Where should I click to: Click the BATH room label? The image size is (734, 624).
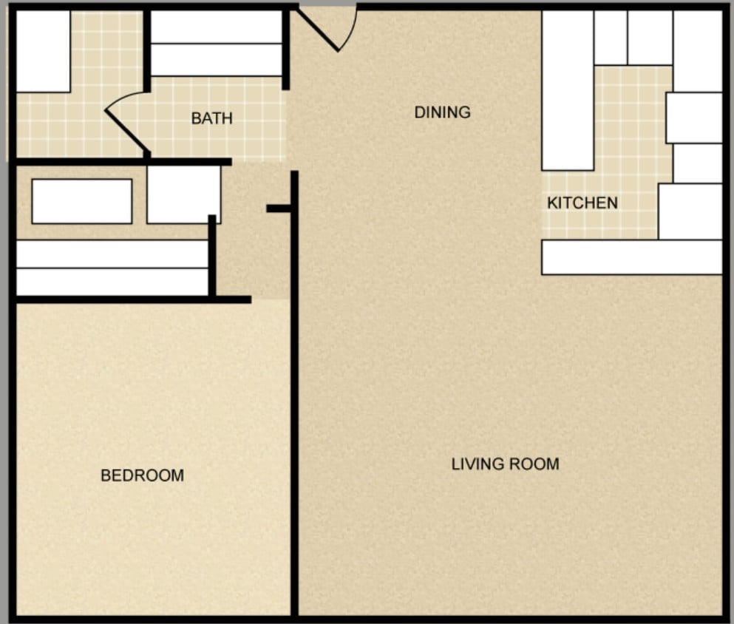pos(211,118)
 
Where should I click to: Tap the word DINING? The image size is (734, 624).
pos(442,112)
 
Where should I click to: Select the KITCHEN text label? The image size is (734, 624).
pos(582,203)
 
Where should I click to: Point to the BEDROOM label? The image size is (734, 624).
pos(142,475)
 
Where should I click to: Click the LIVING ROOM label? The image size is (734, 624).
pos(505,464)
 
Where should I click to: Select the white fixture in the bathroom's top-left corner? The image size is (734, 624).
pos(43,51)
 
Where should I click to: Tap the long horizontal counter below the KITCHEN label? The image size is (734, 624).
pos(631,257)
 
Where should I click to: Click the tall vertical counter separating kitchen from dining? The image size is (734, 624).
pos(567,90)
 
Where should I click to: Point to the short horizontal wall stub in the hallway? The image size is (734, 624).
pos(279,208)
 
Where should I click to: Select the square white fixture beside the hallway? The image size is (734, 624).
pos(183,194)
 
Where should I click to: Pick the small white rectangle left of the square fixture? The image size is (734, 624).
pos(81,201)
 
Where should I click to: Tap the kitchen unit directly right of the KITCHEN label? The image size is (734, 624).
pos(690,211)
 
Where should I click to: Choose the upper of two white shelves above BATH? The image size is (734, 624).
pos(216,27)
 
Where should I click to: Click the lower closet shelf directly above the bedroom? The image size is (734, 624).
pos(112,282)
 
